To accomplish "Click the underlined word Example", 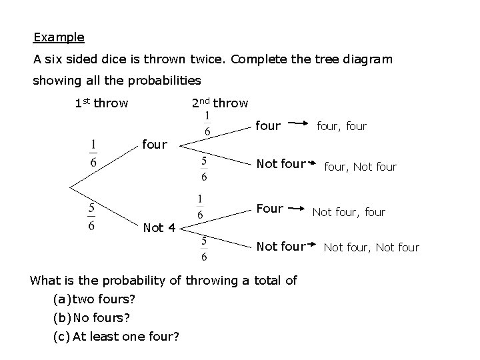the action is (x=59, y=37).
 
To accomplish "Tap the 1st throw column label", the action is (x=101, y=103).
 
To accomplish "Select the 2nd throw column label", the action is (x=219, y=103).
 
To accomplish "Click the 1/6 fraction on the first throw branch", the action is (x=94, y=153).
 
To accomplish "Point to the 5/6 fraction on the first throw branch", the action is (x=91, y=217).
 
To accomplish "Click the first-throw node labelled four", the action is (x=154, y=143).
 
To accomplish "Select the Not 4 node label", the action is (x=160, y=228).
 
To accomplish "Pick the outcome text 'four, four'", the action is (x=341, y=125).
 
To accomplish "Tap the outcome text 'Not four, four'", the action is (x=349, y=212).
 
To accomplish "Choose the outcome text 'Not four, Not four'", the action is (x=371, y=247).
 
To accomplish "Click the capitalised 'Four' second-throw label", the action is (x=269, y=208).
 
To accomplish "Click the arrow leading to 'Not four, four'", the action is (x=297, y=209).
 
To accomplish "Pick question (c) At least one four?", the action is (x=116, y=335).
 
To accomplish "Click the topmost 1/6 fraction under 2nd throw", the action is (x=207, y=124).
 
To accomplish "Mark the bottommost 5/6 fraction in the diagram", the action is (x=203, y=248).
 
